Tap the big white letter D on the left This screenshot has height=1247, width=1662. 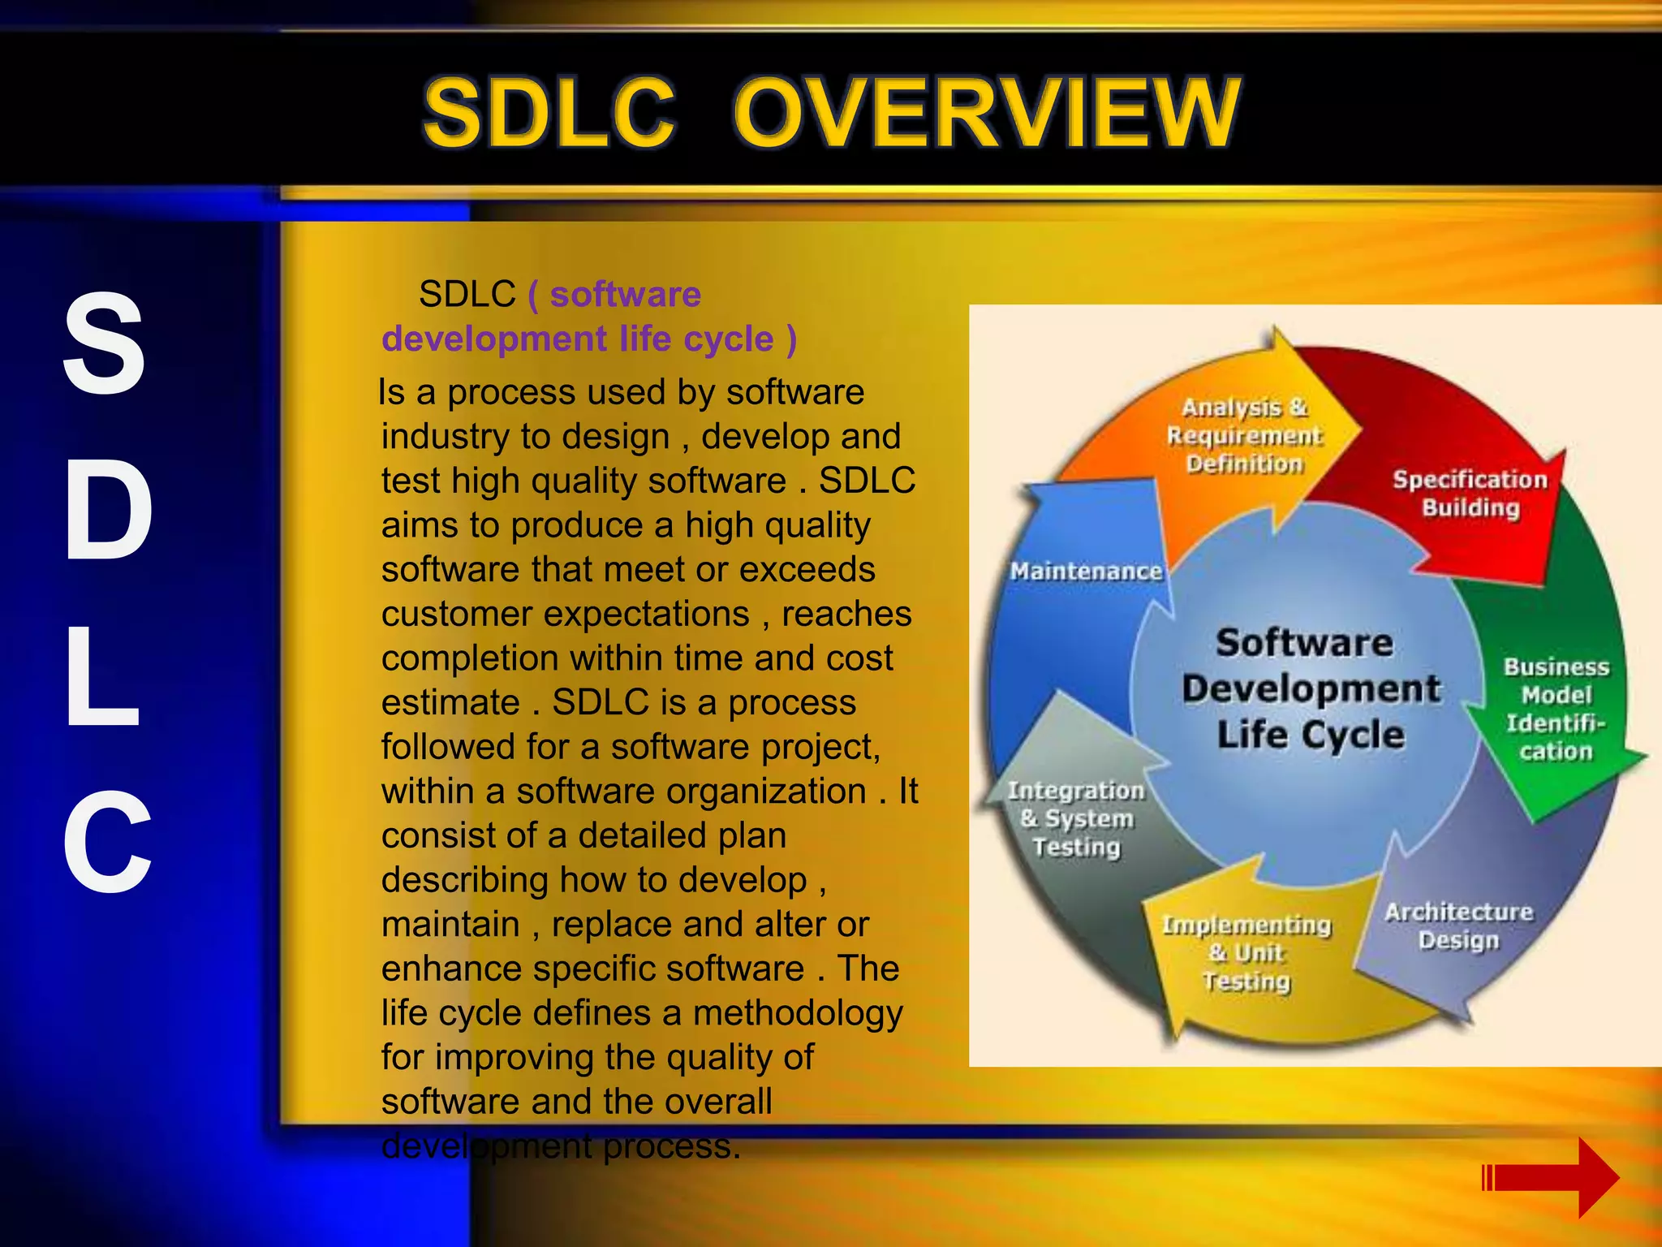pyautogui.click(x=108, y=509)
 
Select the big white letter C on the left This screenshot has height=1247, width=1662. pyautogui.click(x=108, y=842)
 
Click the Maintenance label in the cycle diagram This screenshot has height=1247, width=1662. pyautogui.click(x=1086, y=572)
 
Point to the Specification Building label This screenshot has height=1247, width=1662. pyautogui.click(x=1470, y=494)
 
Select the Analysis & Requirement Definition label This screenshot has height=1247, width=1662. pyautogui.click(x=1244, y=435)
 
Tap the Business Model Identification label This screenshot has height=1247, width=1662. pyautogui.click(x=1556, y=709)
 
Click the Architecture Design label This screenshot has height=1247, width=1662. pyautogui.click(x=1458, y=926)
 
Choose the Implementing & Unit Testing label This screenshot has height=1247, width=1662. pyautogui.click(x=1246, y=952)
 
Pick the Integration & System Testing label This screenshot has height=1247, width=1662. pyautogui.click(x=1076, y=818)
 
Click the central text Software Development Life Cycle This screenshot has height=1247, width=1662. pyautogui.click(x=1309, y=688)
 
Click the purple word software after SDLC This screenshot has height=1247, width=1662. pyautogui.click(x=625, y=294)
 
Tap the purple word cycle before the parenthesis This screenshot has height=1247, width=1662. pyautogui.click(x=728, y=339)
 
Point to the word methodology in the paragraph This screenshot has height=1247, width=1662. pyautogui.click(x=798, y=1012)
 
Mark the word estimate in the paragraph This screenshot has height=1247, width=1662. pyautogui.click(x=450, y=702)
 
